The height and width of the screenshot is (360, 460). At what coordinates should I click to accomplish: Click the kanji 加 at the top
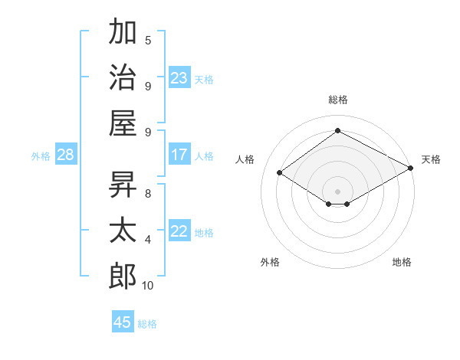point(123,33)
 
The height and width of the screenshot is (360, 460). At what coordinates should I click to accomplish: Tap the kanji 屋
point(123,122)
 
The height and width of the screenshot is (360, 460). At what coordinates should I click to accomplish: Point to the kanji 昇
point(123,185)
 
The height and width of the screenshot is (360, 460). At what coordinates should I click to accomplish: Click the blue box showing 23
point(179,77)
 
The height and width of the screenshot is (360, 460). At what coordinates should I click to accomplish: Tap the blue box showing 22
point(179,231)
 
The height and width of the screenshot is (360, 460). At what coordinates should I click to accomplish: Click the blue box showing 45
point(123,322)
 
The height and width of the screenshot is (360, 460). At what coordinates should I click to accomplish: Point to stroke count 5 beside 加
point(148,41)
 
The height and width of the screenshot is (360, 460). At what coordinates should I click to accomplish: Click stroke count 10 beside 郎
point(148,286)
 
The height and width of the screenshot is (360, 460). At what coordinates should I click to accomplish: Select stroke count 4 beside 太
point(148,240)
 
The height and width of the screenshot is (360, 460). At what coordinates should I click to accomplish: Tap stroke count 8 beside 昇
point(148,194)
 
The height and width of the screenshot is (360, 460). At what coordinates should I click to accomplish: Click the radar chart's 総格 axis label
point(337,100)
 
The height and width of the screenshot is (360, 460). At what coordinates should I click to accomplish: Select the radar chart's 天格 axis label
point(431,159)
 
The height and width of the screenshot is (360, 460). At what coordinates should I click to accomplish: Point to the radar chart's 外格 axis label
point(270,262)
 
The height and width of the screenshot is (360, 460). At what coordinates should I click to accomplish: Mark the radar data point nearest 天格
point(411,169)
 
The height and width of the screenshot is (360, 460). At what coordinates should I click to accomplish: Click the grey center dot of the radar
point(337,191)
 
